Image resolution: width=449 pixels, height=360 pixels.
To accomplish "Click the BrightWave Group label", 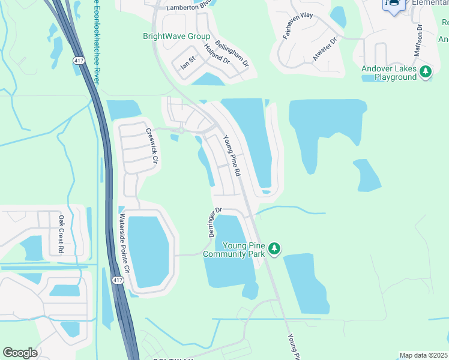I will [x=176, y=36].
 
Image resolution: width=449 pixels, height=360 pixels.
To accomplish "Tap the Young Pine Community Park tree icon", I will [x=274, y=248].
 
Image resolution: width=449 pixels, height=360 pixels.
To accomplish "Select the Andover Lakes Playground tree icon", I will [x=426, y=72].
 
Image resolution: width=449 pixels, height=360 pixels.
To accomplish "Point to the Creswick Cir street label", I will [x=151, y=146].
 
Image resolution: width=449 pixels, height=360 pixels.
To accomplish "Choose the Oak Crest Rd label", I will [x=61, y=235].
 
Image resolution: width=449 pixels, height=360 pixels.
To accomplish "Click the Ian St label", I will [x=189, y=62].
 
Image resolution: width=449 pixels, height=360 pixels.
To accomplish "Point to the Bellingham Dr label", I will [x=231, y=55].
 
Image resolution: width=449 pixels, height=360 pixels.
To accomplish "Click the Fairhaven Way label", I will [x=298, y=26].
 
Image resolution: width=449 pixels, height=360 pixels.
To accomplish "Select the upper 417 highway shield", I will [x=79, y=61].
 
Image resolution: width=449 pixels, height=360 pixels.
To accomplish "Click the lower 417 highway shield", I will [x=118, y=280].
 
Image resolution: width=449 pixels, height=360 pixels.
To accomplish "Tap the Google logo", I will [x=20, y=353].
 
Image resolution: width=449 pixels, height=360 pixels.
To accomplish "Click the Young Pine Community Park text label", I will [x=243, y=250].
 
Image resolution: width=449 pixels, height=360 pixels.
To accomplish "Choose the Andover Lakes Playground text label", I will [x=389, y=73].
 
